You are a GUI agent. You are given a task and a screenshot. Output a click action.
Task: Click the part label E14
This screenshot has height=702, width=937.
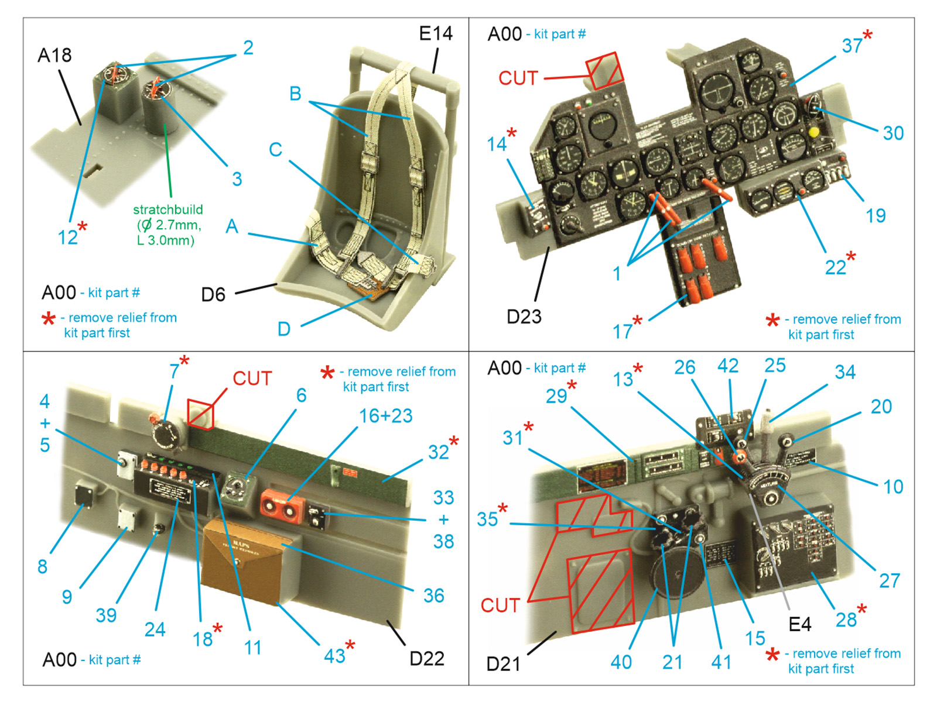click(x=436, y=34)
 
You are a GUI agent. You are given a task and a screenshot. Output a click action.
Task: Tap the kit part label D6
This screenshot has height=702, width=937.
click(x=213, y=294)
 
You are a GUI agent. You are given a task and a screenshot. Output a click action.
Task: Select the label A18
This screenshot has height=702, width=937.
click(x=54, y=56)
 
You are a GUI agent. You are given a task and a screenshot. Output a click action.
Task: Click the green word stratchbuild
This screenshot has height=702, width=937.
click(x=168, y=209)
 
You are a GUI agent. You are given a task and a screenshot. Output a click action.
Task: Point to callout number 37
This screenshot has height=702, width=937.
click(x=852, y=46)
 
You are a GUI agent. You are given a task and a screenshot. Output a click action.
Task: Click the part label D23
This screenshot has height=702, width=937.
click(x=524, y=316)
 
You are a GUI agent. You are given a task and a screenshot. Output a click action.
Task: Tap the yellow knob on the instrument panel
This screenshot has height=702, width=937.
click(x=813, y=132)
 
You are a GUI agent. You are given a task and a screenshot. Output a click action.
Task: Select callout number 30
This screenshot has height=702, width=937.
click(x=893, y=133)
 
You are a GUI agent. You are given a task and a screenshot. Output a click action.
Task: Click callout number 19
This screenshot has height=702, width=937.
click(x=876, y=216)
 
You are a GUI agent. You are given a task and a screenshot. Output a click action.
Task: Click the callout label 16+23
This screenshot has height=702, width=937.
click(x=385, y=416)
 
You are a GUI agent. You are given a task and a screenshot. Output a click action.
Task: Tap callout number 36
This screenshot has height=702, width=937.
click(x=433, y=596)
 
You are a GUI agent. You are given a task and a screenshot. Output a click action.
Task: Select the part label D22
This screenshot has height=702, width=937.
click(x=426, y=659)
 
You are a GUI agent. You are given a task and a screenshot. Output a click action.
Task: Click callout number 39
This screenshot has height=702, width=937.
click(x=106, y=615)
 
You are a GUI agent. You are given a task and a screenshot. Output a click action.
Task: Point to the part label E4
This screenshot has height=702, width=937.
click(x=799, y=625)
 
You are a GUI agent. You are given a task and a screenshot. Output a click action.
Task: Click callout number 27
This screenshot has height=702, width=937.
click(x=890, y=581)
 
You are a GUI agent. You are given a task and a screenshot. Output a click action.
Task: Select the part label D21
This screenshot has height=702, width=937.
click(x=503, y=664)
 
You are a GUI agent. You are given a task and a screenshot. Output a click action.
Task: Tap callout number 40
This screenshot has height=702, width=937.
click(x=621, y=662)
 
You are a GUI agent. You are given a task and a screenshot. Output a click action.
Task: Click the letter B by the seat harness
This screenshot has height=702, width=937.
click(x=295, y=94)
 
